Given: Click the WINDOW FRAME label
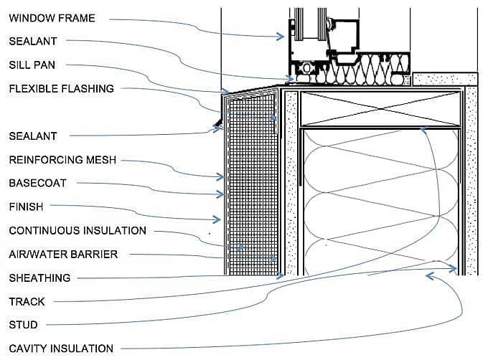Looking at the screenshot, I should click(52, 18).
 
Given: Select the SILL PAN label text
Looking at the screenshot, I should click(32, 65).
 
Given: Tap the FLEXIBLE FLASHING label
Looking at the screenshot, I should click(61, 89).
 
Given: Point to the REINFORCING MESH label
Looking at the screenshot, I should click(62, 160).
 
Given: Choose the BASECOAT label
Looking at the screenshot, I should click(37, 183).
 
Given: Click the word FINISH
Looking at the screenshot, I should click(26, 207).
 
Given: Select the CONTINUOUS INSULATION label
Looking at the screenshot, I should click(78, 231).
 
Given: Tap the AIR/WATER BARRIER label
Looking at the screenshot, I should click(63, 254).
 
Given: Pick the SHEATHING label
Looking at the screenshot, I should click(39, 278).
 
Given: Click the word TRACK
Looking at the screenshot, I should click(26, 302).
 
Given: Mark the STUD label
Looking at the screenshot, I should click(23, 325).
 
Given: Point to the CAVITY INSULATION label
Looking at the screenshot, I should click(61, 349).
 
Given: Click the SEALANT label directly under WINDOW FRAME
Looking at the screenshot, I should click(32, 42).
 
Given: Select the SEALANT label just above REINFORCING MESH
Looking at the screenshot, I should click(32, 136).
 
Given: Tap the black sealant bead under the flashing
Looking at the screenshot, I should click(217, 124).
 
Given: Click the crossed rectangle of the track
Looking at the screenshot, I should click(380, 109).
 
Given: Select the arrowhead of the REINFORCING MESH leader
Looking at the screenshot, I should click(222, 176).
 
